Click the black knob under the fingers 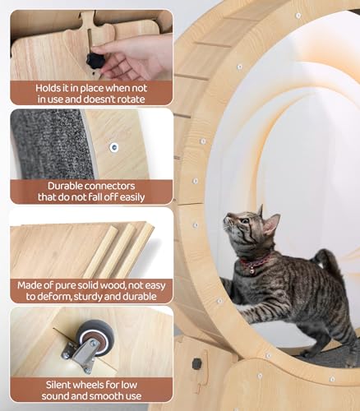pos(95,61)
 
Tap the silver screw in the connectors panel pos(114,147)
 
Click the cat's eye pos(244,220)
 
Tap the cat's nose pos(225,219)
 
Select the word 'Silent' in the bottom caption pos(60,385)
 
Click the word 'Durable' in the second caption pos(65,186)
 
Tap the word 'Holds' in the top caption pos(47,88)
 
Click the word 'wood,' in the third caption pos(109,285)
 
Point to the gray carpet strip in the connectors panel pos(52,145)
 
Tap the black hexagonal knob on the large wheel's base pos(196,363)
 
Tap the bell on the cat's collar pos(251,271)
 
